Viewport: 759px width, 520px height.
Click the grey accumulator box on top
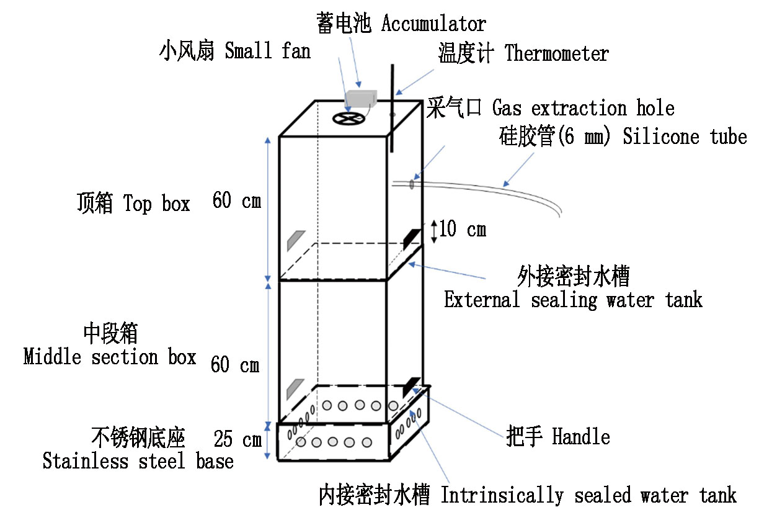(362, 97)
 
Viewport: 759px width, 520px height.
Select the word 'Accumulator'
(433, 24)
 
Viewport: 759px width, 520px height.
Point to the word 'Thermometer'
(557, 54)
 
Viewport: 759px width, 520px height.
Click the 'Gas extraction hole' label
(583, 109)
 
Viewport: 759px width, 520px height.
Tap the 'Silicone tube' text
(685, 137)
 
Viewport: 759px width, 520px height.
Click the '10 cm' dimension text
(463, 230)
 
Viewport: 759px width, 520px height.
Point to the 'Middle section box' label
(110, 357)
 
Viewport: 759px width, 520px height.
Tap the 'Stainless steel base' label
(138, 461)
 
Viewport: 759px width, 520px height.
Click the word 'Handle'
(580, 437)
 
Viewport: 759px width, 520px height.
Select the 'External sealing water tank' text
(573, 300)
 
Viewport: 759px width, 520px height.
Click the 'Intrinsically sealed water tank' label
(588, 496)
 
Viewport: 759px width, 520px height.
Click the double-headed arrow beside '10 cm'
(433, 231)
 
